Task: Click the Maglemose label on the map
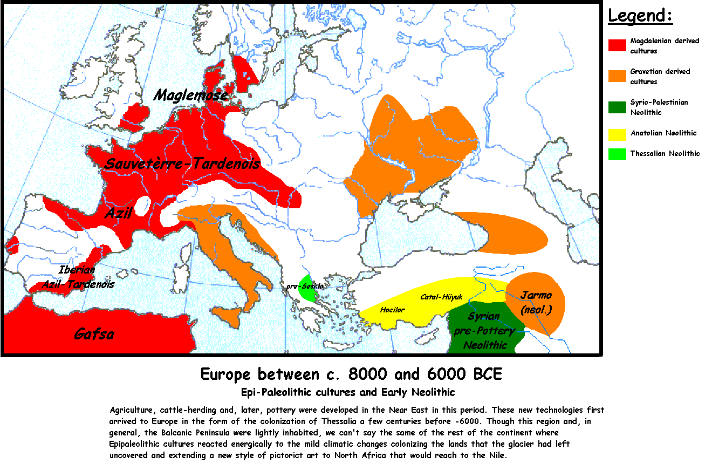point(190,95)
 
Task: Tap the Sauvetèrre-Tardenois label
point(183,163)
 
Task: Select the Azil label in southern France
point(118,214)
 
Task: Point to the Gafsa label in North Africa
point(94,334)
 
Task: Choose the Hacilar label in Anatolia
point(392,310)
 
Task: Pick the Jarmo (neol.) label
point(536,302)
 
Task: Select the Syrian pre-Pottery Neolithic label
point(484,330)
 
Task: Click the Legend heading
point(640,16)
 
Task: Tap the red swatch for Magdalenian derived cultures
point(617,45)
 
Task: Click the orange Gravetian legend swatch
point(617,76)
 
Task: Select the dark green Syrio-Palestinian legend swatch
point(617,107)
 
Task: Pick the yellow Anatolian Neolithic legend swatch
point(617,133)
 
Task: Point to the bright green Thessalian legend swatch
point(617,154)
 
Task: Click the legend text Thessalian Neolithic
point(665,154)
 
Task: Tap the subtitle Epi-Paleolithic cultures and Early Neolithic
point(348,392)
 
